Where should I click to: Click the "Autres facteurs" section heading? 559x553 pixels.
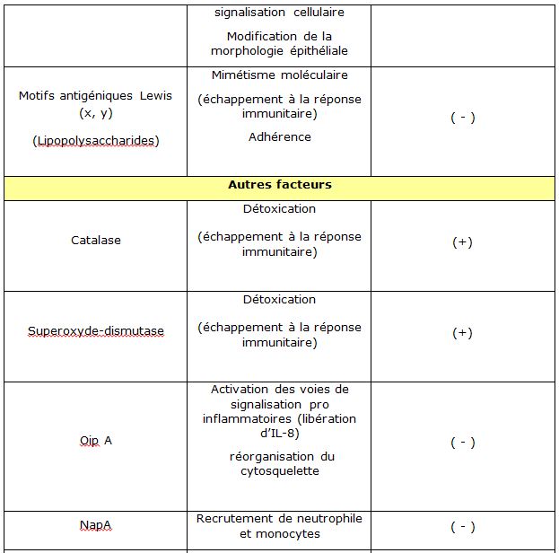coord(279,185)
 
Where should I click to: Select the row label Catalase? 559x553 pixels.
coord(96,241)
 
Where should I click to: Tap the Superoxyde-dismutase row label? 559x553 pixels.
coord(96,331)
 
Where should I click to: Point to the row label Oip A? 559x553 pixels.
coord(96,442)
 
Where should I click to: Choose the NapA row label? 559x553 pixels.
coord(96,527)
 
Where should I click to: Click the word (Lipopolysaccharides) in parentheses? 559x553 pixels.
coord(96,141)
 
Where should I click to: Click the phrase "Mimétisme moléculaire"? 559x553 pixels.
coord(279,75)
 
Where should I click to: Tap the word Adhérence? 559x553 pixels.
coord(279,137)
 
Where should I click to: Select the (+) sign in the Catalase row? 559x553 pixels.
coord(462,242)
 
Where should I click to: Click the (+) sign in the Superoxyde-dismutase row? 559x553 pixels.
coord(462,333)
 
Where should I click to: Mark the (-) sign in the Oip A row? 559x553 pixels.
coord(462,443)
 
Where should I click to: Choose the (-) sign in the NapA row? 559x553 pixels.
coord(462,527)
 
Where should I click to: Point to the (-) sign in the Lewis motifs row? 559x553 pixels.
coord(462,118)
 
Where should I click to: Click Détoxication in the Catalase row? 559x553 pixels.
coord(279,209)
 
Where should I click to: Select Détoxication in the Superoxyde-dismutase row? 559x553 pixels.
coord(279,300)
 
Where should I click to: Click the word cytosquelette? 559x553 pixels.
coord(279,471)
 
